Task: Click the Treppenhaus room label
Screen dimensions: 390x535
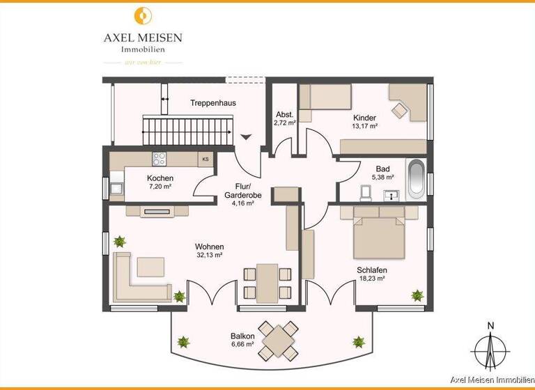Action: click(x=212, y=103)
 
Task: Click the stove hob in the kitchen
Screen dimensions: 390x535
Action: click(x=158, y=158)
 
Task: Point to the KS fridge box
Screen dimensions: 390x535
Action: click(x=205, y=159)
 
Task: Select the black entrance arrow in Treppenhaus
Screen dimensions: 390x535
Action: click(x=245, y=136)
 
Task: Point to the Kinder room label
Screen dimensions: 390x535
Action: click(x=364, y=118)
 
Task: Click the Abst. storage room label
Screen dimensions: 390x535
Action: click(x=284, y=115)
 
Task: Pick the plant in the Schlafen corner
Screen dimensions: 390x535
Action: click(x=417, y=295)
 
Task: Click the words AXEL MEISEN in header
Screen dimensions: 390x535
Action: click(x=142, y=38)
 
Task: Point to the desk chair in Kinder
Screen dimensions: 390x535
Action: click(x=400, y=110)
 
